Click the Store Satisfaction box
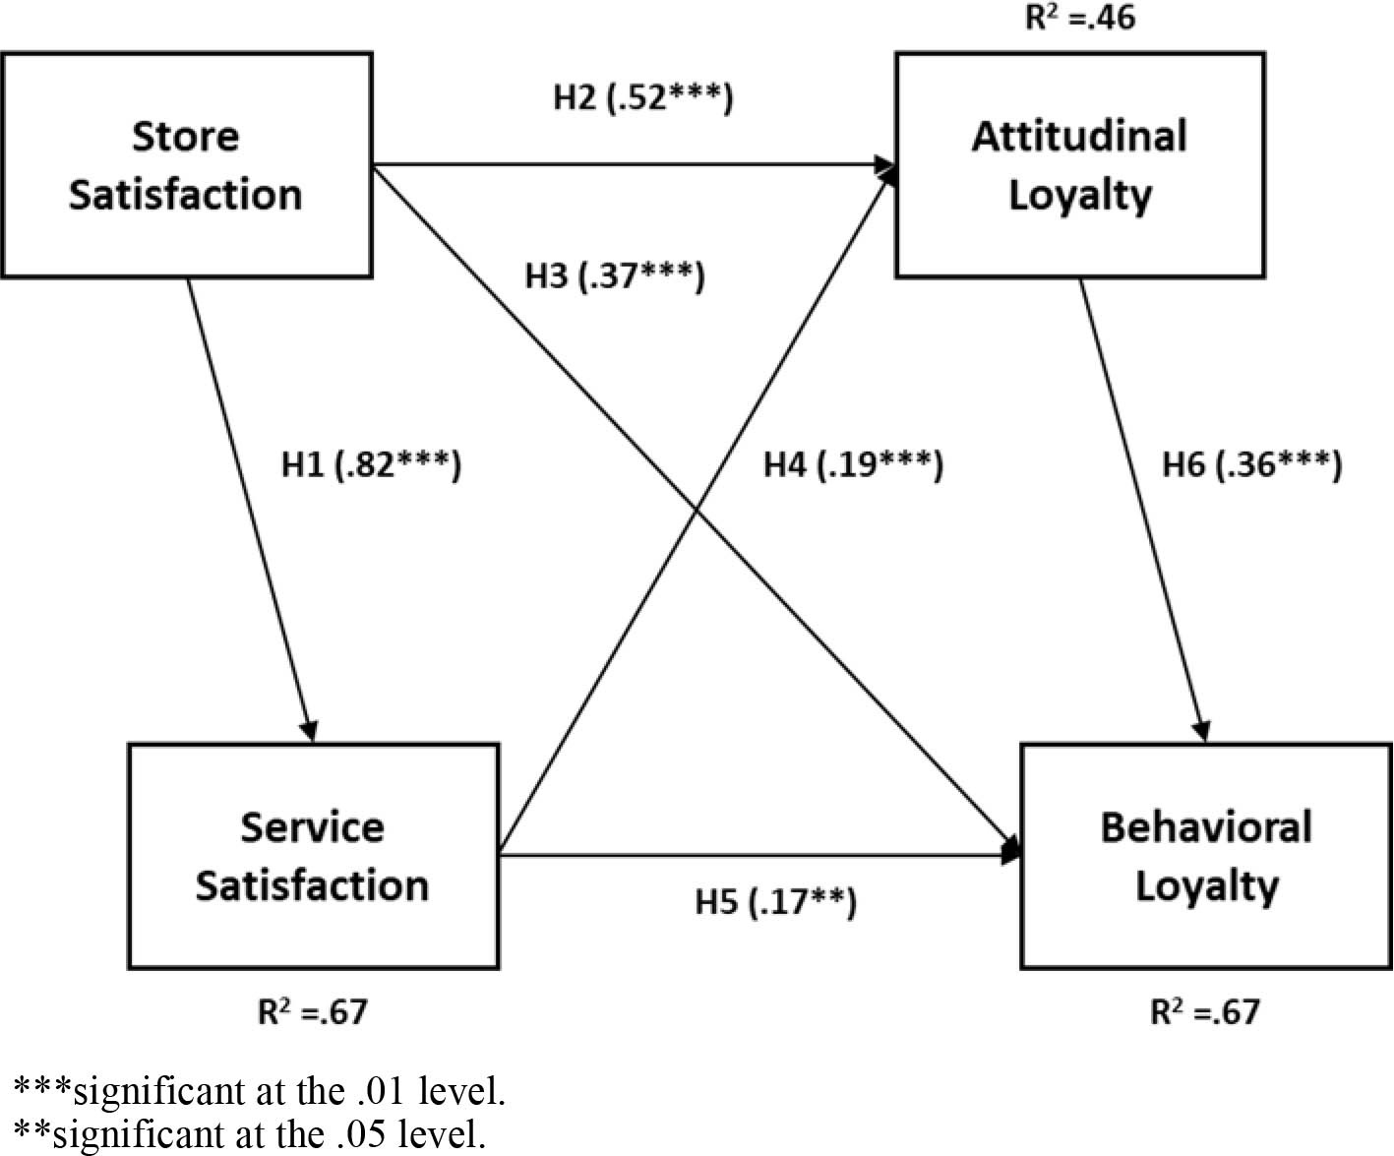[186, 165]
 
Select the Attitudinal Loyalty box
[1079, 165]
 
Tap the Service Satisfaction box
[313, 856]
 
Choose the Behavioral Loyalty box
[1206, 856]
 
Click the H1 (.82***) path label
[371, 463]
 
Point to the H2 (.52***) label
[642, 97]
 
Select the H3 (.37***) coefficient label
[615, 275]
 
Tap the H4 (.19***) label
[853, 463]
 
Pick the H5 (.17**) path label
[775, 901]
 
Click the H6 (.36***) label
[1251, 463]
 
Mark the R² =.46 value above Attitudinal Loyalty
[1079, 18]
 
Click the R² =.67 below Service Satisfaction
[313, 1011]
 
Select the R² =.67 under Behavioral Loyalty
[1205, 1011]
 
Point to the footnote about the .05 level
[250, 1134]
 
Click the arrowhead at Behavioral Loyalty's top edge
[1202, 733]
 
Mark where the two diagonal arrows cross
[698, 511]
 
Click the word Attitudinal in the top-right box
[1079, 136]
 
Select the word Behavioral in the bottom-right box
[1206, 826]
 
